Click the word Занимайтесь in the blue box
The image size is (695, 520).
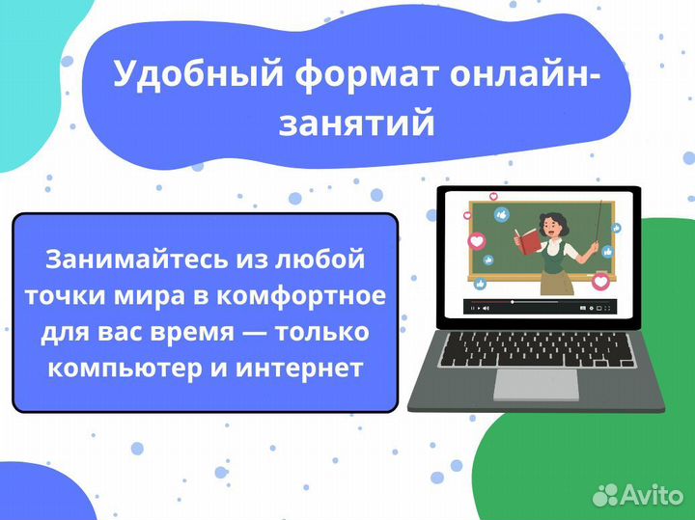tap(120, 260)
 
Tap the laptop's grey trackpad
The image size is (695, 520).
tap(536, 383)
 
